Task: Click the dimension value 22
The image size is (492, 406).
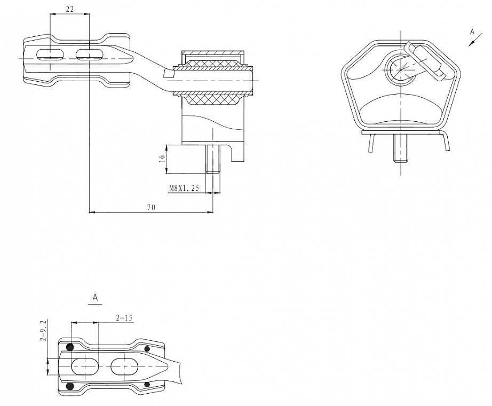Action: point(70,9)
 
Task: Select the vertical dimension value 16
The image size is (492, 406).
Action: point(162,158)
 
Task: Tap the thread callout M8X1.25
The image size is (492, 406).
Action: point(184,188)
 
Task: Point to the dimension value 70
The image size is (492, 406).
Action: point(151,207)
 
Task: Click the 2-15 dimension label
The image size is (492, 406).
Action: point(124,318)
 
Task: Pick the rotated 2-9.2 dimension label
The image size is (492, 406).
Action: point(44,330)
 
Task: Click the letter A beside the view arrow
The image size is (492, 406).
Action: point(472,32)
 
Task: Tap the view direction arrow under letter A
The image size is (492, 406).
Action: point(475,40)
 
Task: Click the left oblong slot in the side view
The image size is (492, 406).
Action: point(50,54)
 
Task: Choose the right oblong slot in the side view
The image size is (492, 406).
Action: point(89,54)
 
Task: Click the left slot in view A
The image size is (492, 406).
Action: point(85,367)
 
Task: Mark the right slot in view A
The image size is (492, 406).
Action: point(124,366)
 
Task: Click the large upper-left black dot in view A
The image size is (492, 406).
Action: point(70,347)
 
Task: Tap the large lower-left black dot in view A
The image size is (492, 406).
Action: point(70,386)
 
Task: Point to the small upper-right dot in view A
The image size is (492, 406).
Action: point(147,348)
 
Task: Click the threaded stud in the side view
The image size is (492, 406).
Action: point(213,159)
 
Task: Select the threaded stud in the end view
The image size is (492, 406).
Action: point(401,149)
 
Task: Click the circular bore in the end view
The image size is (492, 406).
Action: point(400,69)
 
